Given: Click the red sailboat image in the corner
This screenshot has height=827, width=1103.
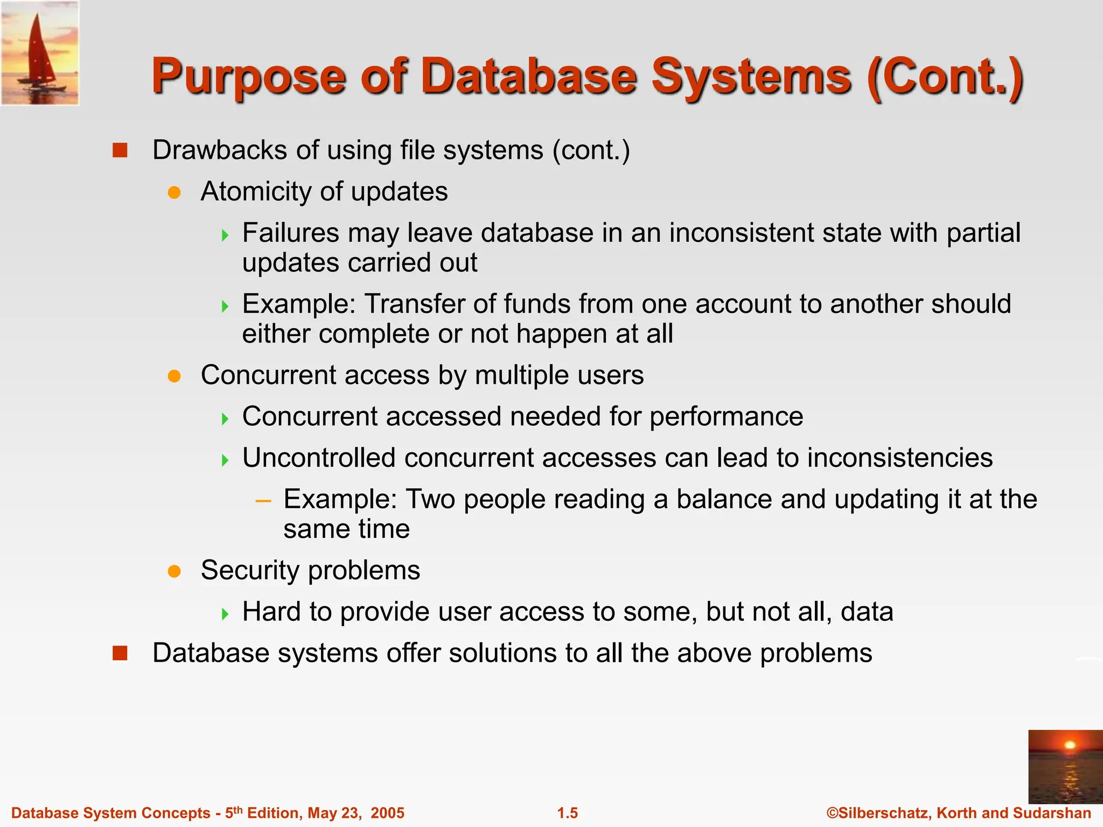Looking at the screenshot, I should [x=40, y=53].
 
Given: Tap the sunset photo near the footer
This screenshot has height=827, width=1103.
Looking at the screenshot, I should [x=1065, y=767].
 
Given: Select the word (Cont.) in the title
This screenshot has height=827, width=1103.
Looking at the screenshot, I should [x=945, y=76].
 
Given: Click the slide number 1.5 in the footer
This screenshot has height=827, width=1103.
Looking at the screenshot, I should [x=567, y=813].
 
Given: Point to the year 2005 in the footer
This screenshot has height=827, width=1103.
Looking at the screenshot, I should [x=387, y=813].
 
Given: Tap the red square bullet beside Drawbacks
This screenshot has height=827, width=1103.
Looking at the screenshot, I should [x=120, y=150].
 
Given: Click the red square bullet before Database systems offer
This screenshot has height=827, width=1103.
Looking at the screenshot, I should [x=120, y=653].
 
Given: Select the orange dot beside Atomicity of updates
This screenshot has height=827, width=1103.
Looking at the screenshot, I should [x=174, y=192].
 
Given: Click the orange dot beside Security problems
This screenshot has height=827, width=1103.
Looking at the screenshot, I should [x=174, y=571].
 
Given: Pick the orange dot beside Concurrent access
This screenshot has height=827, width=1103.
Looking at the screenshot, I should [x=174, y=376].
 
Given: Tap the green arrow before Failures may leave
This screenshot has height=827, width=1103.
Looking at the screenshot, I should [x=225, y=235].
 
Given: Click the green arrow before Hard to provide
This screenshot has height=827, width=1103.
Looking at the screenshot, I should [x=225, y=613].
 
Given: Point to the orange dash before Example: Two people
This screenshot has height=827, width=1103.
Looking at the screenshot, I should [x=263, y=501].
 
